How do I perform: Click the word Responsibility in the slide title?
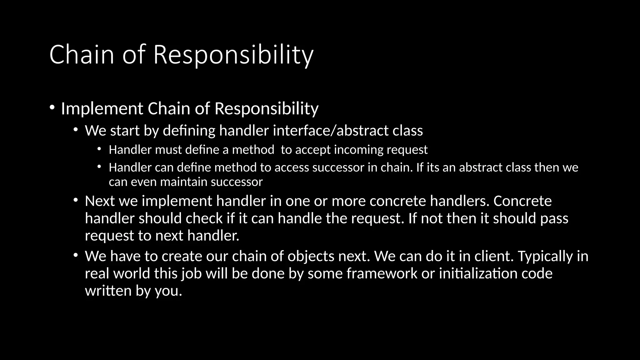tap(233, 55)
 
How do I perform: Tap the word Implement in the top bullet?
tap(102, 109)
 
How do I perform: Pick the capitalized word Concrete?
tap(522, 201)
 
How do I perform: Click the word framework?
tap(382, 273)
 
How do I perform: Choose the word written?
tap(108, 291)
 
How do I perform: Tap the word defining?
tap(189, 131)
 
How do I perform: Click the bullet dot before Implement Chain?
tap(52, 108)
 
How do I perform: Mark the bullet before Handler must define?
tap(99, 149)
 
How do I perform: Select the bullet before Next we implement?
tap(75, 200)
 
